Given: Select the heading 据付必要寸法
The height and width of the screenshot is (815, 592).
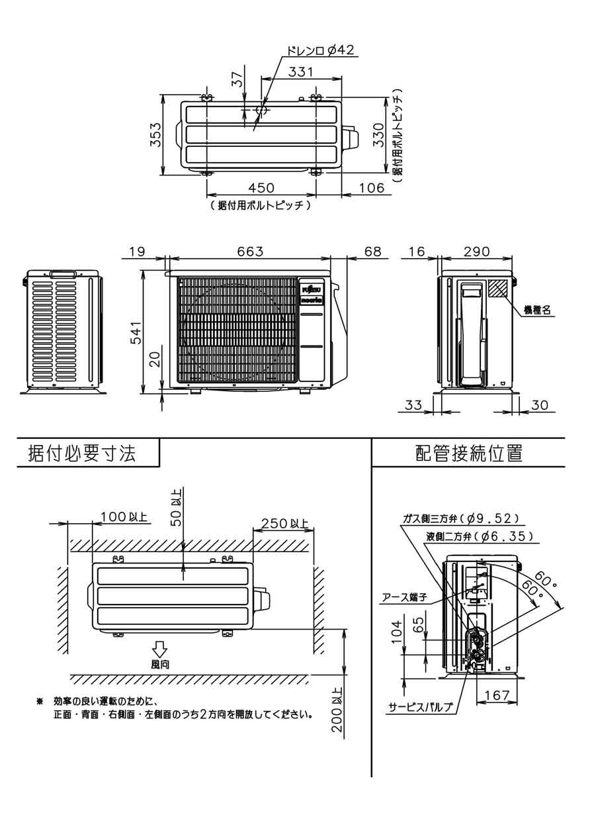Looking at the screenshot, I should coord(82,454).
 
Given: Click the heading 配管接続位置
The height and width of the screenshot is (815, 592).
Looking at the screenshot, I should coord(469,454).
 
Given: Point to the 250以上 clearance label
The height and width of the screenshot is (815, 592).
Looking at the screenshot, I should coord(284,523).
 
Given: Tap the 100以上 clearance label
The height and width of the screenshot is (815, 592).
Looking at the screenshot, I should coord(124,517).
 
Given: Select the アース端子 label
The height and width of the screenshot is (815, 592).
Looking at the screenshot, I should coord(405,597).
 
